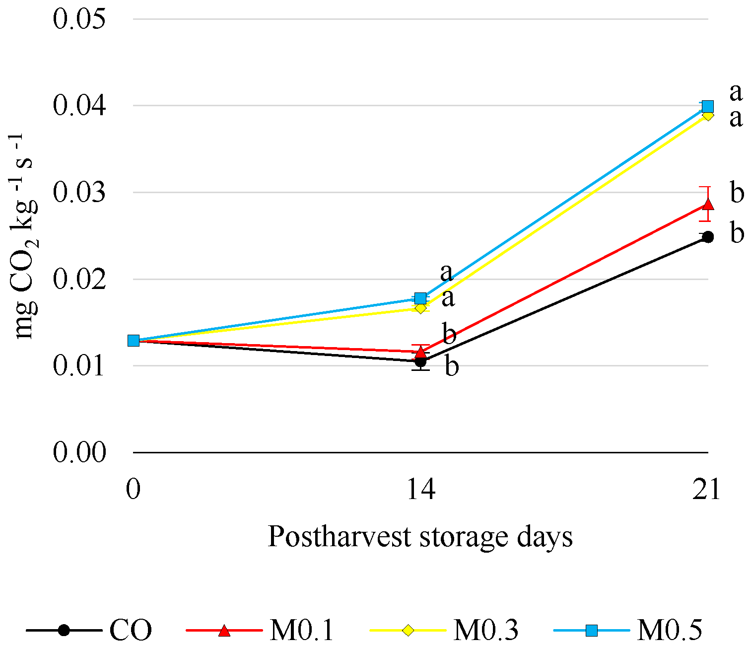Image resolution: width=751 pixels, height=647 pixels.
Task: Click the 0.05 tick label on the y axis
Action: click(x=79, y=19)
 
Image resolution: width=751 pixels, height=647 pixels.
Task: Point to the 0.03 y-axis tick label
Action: click(x=79, y=193)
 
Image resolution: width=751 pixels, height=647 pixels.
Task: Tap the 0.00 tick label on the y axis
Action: click(x=79, y=452)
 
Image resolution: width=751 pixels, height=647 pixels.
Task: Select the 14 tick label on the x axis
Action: click(x=421, y=490)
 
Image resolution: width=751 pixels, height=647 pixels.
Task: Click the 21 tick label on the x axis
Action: click(x=707, y=490)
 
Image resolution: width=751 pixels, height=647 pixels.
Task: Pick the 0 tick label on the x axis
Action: click(x=133, y=490)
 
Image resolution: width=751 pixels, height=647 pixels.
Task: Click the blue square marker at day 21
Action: click(x=708, y=106)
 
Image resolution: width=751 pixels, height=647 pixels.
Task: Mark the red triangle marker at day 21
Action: click(x=708, y=205)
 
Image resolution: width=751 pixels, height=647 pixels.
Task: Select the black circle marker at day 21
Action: click(x=708, y=237)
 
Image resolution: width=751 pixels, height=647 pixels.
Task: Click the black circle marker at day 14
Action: click(x=420, y=361)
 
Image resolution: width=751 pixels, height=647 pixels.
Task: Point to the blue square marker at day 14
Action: click(x=420, y=298)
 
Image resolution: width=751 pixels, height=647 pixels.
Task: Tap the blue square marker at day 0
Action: click(x=133, y=341)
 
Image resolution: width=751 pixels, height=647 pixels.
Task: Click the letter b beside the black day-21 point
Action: click(x=737, y=233)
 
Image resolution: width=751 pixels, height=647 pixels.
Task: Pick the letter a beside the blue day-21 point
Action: click(x=736, y=92)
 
